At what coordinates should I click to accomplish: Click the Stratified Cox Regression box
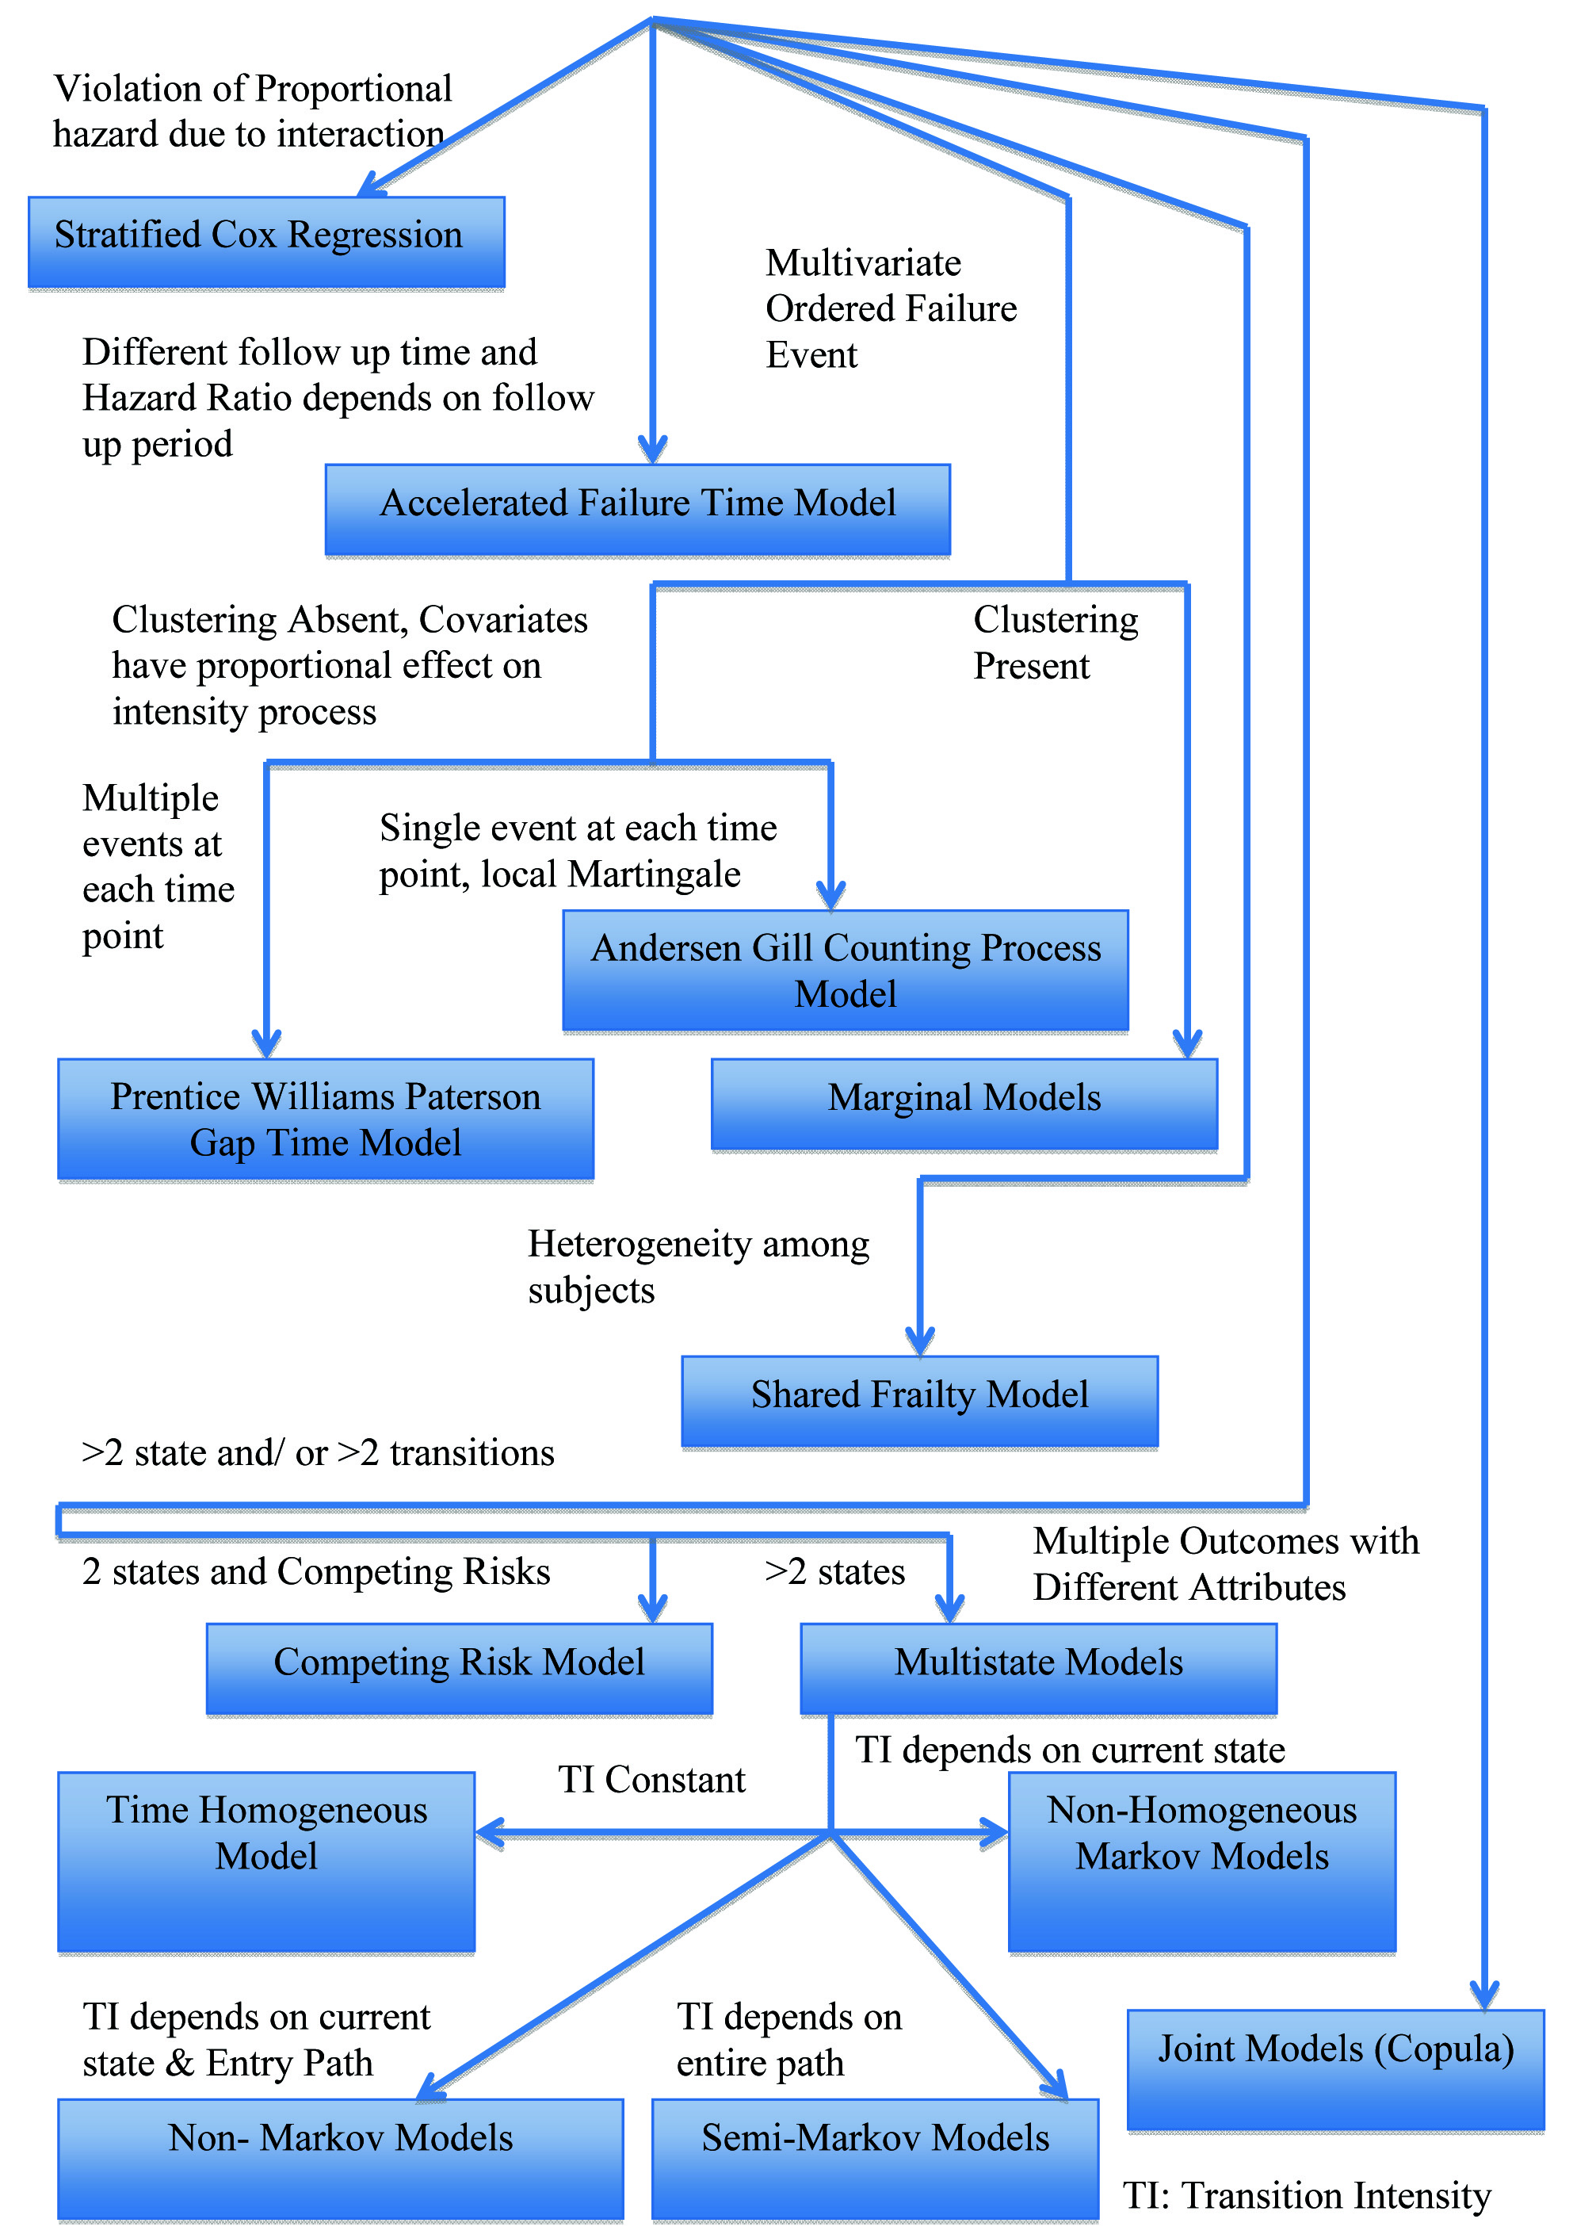coord(266,242)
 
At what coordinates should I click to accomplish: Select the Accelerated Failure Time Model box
coord(637,509)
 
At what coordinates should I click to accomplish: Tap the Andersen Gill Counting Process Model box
coord(845,970)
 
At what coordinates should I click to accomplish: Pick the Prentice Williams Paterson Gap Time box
coord(326,1119)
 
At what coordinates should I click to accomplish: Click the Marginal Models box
coord(964,1104)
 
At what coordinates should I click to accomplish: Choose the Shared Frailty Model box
coord(919,1400)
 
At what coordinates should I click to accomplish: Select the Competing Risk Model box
coord(459,1668)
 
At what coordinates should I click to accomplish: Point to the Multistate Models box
coord(1038,1668)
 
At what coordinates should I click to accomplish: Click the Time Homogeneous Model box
coord(266,1861)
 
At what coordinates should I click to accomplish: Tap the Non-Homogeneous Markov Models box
coord(1201,1861)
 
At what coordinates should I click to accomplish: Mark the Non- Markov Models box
coord(340,2158)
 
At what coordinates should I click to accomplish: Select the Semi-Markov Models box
coord(874,2158)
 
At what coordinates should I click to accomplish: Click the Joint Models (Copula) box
coord(1335,2068)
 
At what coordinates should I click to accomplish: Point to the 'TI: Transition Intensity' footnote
coord(1307,2196)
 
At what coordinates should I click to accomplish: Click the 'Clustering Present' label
coord(1055,643)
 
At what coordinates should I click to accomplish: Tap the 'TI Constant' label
coord(651,1780)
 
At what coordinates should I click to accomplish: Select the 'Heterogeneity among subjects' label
coord(698,1267)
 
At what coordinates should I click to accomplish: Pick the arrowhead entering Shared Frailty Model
coord(920,1341)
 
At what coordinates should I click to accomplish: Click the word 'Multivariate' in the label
coord(862,263)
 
